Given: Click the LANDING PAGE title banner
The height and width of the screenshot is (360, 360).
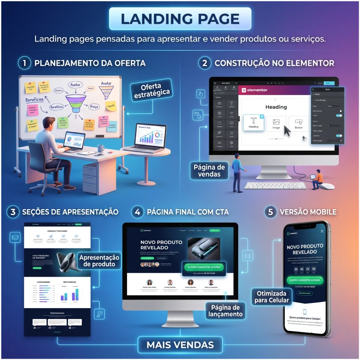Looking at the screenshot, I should tap(180, 19).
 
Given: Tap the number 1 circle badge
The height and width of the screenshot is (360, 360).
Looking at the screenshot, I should tap(25, 63).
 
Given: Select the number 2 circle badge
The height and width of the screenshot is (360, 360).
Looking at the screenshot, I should tap(205, 63).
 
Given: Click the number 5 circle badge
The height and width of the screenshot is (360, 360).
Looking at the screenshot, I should tap(271, 212).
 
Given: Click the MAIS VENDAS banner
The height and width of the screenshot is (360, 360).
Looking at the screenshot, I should tap(180, 345).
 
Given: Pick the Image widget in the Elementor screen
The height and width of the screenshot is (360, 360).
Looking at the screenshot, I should tap(276, 124).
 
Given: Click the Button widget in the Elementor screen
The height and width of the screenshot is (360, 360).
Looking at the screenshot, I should tap(299, 124).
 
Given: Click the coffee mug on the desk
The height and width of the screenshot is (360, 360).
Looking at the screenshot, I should tap(101, 148).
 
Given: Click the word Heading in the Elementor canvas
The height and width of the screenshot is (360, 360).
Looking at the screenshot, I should tap(276, 107).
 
